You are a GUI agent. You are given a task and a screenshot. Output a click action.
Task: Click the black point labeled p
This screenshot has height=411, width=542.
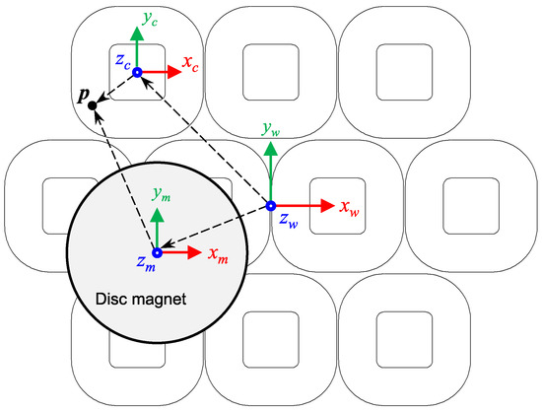[x=92, y=105]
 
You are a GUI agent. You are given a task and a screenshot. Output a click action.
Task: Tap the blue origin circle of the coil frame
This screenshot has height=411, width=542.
[x=137, y=72]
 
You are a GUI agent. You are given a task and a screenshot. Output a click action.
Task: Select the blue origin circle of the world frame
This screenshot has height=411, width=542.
[x=271, y=206]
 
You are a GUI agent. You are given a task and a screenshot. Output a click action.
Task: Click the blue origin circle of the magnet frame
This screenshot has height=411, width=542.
[x=157, y=252]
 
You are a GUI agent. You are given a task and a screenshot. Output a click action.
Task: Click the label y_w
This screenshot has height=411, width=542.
[x=270, y=127]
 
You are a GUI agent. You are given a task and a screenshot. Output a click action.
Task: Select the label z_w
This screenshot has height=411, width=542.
[x=287, y=223]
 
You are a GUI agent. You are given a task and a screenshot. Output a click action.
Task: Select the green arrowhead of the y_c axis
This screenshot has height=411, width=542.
[x=137, y=30]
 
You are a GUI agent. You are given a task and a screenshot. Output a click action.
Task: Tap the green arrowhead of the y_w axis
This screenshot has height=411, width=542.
[x=271, y=147]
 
